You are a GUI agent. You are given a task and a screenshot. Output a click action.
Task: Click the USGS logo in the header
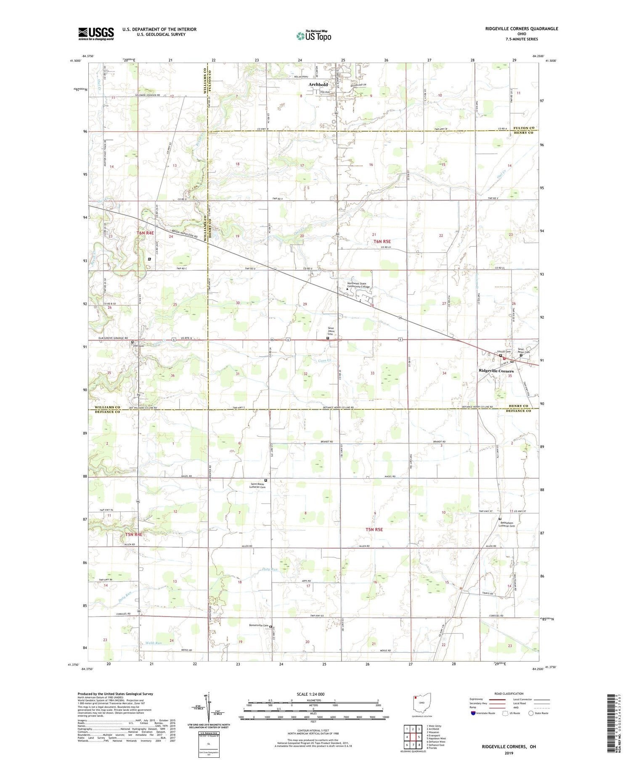pyautogui.click(x=96, y=34)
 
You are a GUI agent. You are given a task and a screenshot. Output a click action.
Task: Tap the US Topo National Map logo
pyautogui.click(x=313, y=36)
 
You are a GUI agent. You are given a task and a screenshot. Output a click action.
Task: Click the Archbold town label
pyautogui.click(x=318, y=84)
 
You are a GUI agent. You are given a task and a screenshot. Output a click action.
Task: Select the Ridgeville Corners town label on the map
pyautogui.click(x=496, y=371)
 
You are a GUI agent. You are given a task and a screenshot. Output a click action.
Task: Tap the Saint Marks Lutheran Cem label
pyautogui.click(x=259, y=485)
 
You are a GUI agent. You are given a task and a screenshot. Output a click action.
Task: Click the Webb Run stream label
pyautogui.click(x=153, y=643)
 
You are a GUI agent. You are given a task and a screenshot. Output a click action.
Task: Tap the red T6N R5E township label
pyautogui.click(x=382, y=242)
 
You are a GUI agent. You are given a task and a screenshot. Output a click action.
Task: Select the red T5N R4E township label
pyautogui.click(x=133, y=534)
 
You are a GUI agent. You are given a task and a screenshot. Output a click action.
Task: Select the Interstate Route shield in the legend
pyautogui.click(x=473, y=713)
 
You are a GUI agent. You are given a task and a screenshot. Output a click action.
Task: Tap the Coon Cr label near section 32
pyautogui.click(x=324, y=361)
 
